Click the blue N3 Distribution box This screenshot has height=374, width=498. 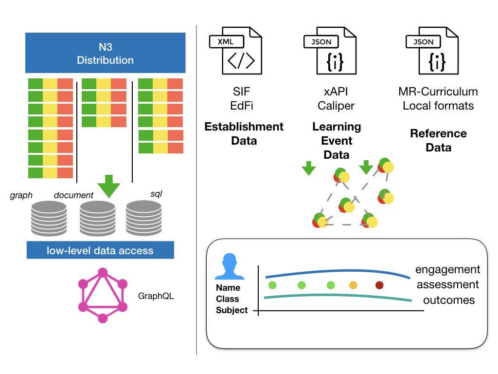(106, 53)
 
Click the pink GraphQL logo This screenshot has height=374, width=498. (103, 296)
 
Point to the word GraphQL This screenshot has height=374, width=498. (156, 296)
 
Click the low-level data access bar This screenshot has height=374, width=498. (100, 251)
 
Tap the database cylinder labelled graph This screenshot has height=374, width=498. (49, 219)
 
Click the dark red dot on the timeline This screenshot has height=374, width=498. (379, 285)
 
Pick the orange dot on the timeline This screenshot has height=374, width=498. (353, 285)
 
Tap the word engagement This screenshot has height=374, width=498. (447, 270)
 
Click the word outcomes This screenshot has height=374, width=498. (448, 300)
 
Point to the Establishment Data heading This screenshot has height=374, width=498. (244, 133)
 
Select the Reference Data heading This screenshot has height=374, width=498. (438, 140)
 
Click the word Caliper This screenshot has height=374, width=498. (336, 106)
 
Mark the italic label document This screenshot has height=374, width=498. (73, 195)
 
